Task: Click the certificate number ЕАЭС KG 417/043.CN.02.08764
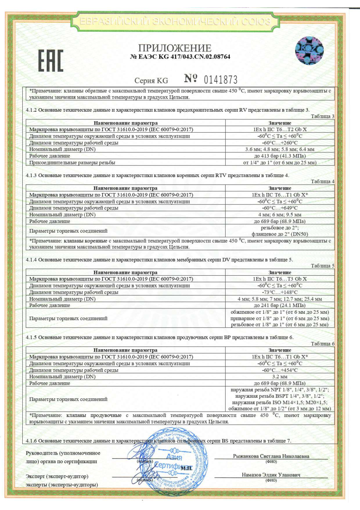tap(180, 57)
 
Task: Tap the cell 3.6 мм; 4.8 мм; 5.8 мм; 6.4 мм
tap(280, 149)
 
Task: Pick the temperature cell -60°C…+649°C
tap(280, 208)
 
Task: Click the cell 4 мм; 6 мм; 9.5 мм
tap(280, 214)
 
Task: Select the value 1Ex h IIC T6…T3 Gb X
tap(280, 278)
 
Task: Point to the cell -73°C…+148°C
tap(280, 292)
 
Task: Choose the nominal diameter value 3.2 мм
tap(280, 377)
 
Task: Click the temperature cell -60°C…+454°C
tap(280, 370)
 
